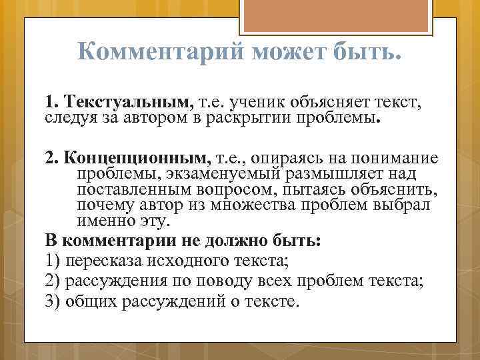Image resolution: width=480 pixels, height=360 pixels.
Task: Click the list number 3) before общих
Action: (x=53, y=301)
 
